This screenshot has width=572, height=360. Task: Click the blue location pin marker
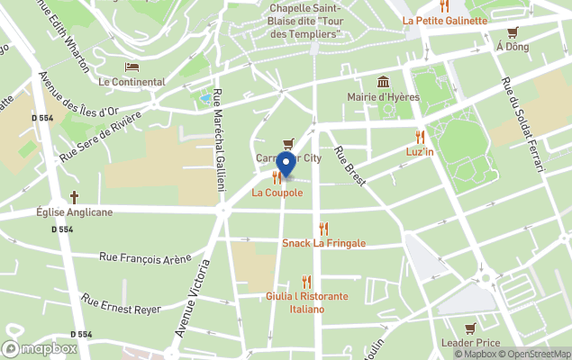point(286,166)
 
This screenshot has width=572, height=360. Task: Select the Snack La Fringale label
point(323,243)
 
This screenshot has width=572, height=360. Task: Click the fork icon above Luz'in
point(420,137)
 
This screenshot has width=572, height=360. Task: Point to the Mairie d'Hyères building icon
point(384,82)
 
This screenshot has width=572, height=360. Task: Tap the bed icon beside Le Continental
point(132,67)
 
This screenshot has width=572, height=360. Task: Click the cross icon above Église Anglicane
point(74,197)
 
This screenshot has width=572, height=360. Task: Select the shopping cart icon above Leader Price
point(470,328)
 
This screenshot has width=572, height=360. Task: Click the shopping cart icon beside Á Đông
point(513,32)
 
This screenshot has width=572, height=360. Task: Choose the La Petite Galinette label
point(445,20)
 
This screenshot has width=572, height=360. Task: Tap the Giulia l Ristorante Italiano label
point(307,302)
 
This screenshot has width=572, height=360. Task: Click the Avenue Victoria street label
point(192,298)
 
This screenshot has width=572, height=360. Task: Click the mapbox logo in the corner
point(40,348)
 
